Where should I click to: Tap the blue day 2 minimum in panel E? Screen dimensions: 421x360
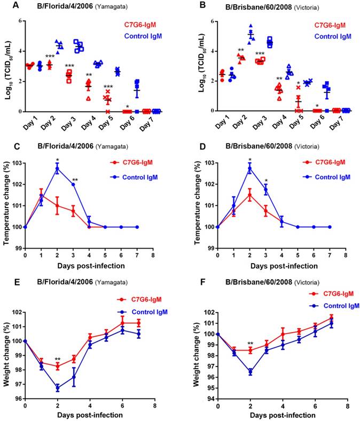click(57, 388)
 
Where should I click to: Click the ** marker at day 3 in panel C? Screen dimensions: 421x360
click(75, 180)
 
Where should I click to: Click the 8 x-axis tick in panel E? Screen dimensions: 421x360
click(154, 406)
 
